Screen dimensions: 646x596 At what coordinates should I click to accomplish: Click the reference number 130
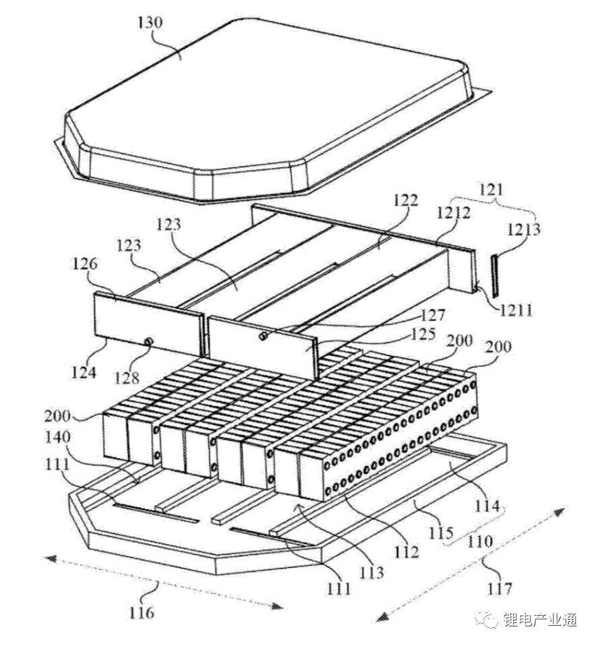pyautogui.click(x=149, y=23)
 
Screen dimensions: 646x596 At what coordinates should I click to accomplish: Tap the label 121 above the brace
pyautogui.click(x=492, y=191)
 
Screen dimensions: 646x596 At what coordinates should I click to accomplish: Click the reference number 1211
pyautogui.click(x=516, y=311)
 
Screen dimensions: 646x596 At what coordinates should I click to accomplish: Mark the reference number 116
pyautogui.click(x=142, y=612)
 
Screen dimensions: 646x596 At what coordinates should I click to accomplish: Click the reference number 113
pyautogui.click(x=372, y=572)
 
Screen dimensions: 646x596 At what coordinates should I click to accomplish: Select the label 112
pyautogui.click(x=407, y=552)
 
